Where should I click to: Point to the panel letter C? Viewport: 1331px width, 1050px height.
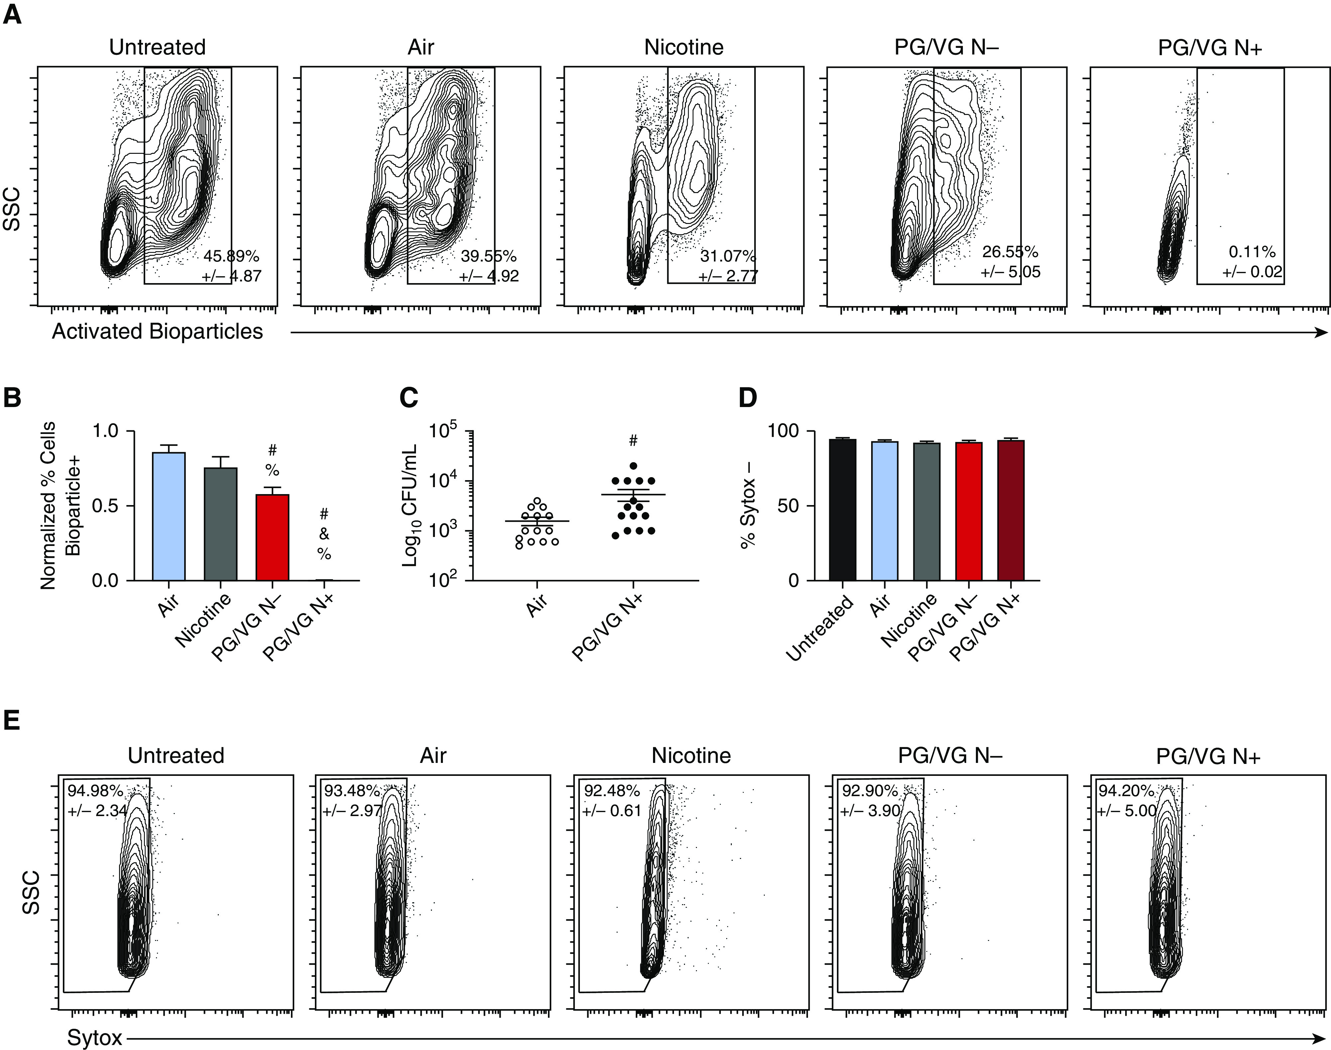click(x=408, y=398)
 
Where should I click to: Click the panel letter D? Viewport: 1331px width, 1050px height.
click(x=747, y=398)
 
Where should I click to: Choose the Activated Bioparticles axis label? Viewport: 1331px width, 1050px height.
click(x=158, y=331)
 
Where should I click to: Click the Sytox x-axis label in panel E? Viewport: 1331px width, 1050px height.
click(x=94, y=1038)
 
